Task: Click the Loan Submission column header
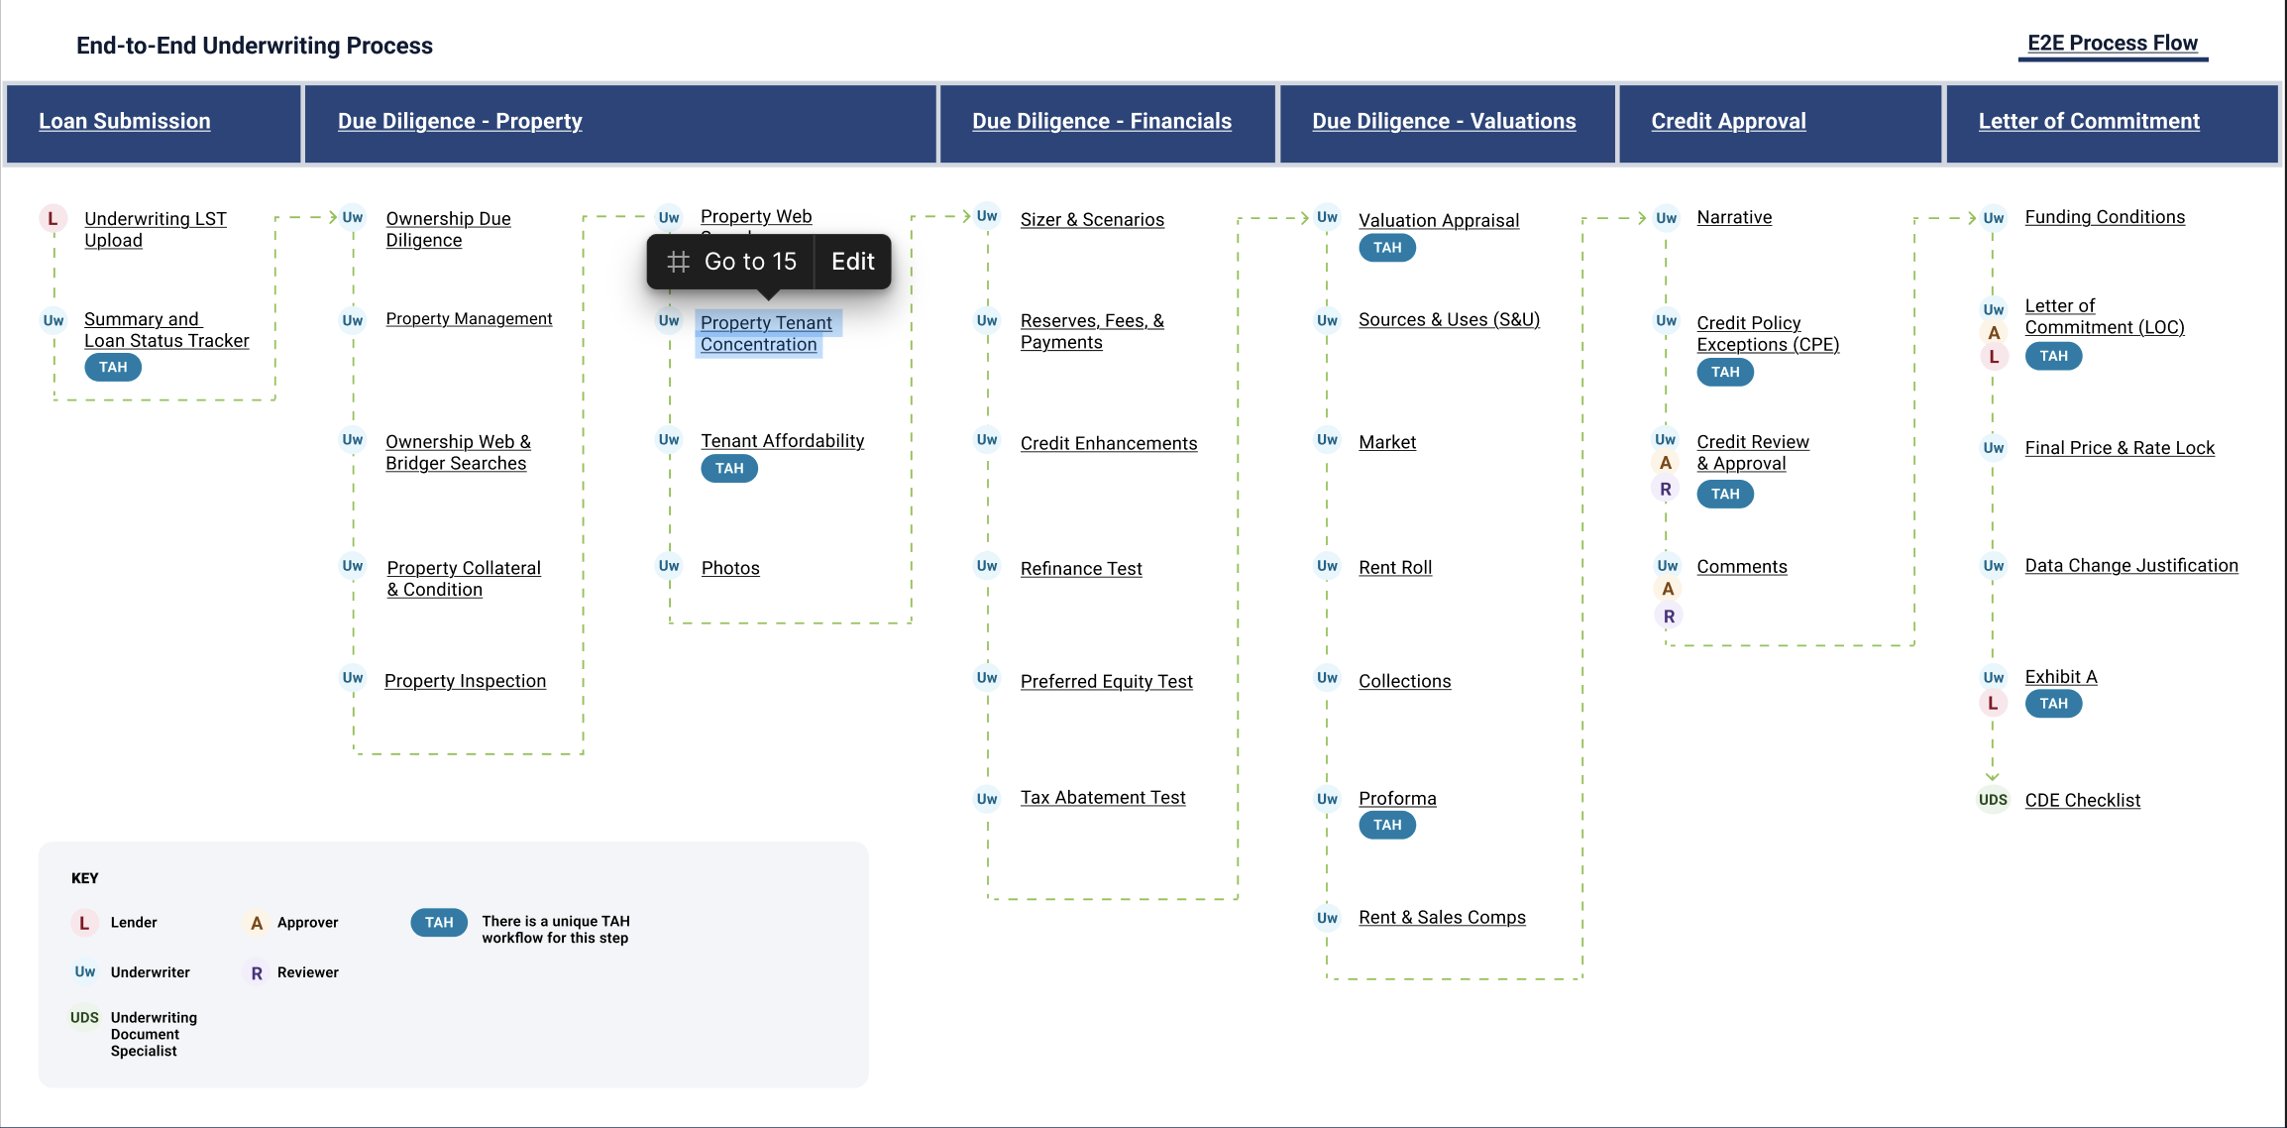(x=125, y=121)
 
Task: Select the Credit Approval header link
(x=1728, y=121)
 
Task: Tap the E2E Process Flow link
(x=2113, y=44)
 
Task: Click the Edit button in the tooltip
(x=852, y=262)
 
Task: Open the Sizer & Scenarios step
(x=1092, y=220)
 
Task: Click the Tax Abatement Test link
(x=1103, y=798)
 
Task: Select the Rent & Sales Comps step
(x=1442, y=918)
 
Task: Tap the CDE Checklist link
(x=2082, y=801)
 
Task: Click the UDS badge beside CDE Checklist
(x=1993, y=800)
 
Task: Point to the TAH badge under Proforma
(x=1387, y=825)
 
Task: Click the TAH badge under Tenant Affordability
(x=729, y=469)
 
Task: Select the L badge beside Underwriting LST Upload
(x=53, y=219)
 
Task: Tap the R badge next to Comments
(x=1669, y=617)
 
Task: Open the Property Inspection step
(x=465, y=681)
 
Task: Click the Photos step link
(x=730, y=568)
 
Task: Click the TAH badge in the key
(x=439, y=923)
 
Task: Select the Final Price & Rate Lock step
(x=2120, y=448)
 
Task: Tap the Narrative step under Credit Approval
(x=1734, y=217)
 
